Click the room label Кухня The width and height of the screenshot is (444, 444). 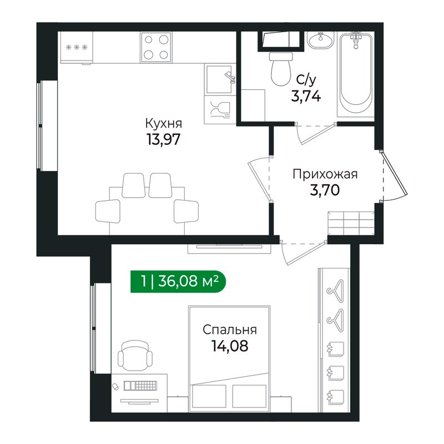point(163,123)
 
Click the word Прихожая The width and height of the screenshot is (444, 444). point(325,174)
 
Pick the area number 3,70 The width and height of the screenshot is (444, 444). point(325,190)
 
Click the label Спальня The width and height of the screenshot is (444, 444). point(229,330)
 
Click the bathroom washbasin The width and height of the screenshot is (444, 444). point(321,42)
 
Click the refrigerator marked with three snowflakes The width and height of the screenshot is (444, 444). point(77,48)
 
